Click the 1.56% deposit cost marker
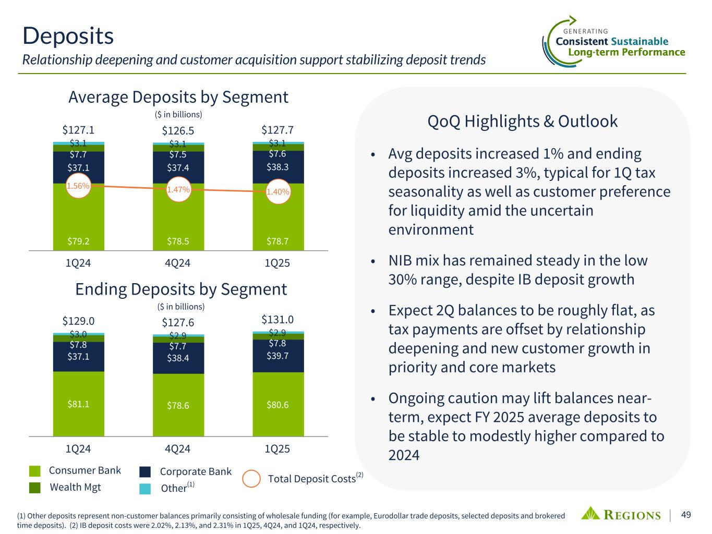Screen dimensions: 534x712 click(x=78, y=186)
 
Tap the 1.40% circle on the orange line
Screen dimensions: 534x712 click(x=277, y=192)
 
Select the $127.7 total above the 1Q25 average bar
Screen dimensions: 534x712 click(x=277, y=129)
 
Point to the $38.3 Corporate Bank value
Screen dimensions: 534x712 click(x=277, y=167)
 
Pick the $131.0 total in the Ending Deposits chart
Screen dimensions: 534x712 click(x=277, y=319)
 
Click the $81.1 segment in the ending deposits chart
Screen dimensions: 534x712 click(x=78, y=404)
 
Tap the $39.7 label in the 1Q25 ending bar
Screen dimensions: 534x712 click(x=277, y=355)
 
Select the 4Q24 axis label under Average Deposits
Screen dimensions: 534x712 click(x=177, y=263)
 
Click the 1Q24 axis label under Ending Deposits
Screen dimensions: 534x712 click(x=78, y=449)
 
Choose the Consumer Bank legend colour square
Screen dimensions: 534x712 click(x=35, y=471)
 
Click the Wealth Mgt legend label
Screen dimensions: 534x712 click(x=75, y=487)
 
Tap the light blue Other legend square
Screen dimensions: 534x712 click(x=145, y=488)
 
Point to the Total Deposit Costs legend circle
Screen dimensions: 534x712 click(x=251, y=479)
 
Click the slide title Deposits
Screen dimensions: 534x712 click(x=68, y=36)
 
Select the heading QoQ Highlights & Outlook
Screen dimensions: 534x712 click(x=522, y=121)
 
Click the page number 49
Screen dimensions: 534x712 click(x=686, y=515)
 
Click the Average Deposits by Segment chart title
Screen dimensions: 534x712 click(x=178, y=97)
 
